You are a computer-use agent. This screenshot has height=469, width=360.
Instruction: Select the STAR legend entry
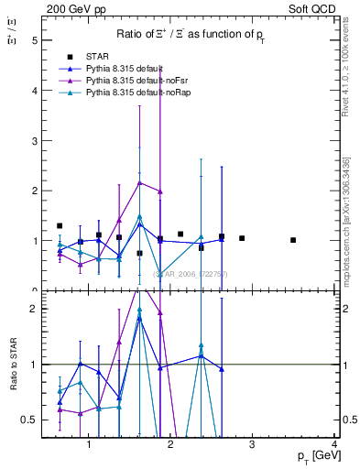(99, 58)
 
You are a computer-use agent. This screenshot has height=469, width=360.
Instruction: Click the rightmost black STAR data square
(293, 240)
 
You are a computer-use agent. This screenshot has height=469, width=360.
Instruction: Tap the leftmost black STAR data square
(60, 225)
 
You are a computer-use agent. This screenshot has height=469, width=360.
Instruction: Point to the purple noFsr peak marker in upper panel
(139, 182)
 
